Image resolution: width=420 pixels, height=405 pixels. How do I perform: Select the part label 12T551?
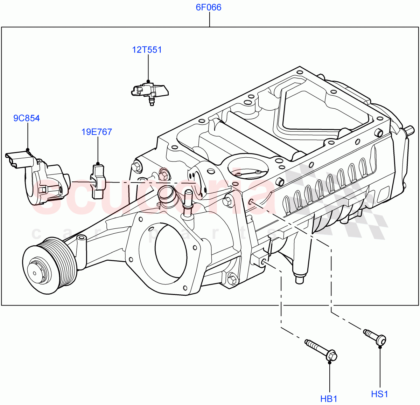coord(147,50)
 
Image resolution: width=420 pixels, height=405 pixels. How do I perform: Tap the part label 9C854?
coord(27,118)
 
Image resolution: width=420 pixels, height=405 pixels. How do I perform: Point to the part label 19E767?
coord(97,132)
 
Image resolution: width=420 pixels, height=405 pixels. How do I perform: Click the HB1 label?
coord(329,399)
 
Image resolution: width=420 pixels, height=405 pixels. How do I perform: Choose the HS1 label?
coord(379,394)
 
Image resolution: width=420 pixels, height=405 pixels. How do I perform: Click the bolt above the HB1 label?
coord(322,350)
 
